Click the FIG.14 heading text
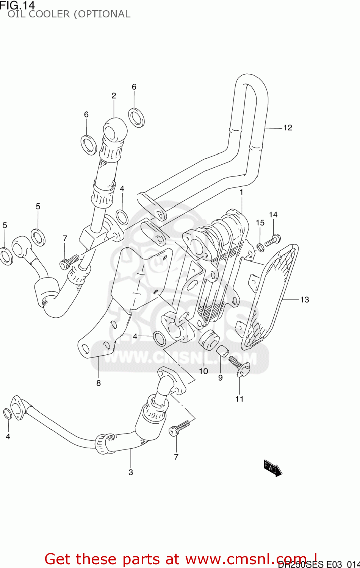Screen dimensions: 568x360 [x=17, y=5]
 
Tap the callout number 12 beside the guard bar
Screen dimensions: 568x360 [x=288, y=128]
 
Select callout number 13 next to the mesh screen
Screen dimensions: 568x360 [x=305, y=300]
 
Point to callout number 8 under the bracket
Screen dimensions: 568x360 [x=99, y=383]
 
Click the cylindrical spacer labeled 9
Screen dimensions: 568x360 [x=223, y=351]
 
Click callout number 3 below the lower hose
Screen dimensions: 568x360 [x=131, y=472]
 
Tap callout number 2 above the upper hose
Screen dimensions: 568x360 [x=114, y=96]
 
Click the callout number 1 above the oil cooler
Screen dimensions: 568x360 [x=241, y=192]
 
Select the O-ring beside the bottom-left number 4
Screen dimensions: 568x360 [x=8, y=414]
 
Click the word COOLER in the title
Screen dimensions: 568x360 [x=49, y=14]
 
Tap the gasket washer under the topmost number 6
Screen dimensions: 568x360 [x=136, y=117]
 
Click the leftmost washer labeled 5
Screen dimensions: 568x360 [x=6, y=256]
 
